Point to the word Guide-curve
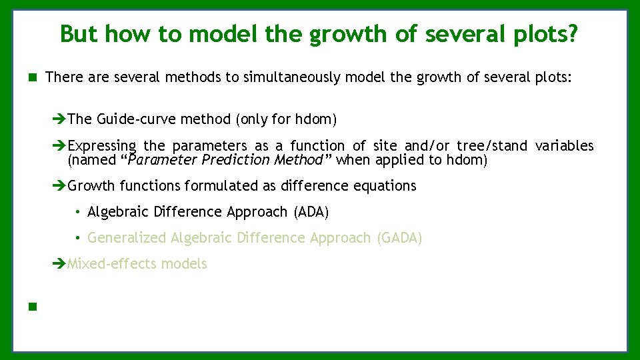(129, 119)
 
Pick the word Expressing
(103, 146)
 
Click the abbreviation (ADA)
(311, 212)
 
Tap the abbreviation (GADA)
(399, 238)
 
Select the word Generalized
(127, 238)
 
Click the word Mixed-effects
(113, 264)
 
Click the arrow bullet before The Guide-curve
(60, 120)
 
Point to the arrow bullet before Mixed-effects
(60, 265)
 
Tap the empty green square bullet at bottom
(32, 307)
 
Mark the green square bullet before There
(32, 78)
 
